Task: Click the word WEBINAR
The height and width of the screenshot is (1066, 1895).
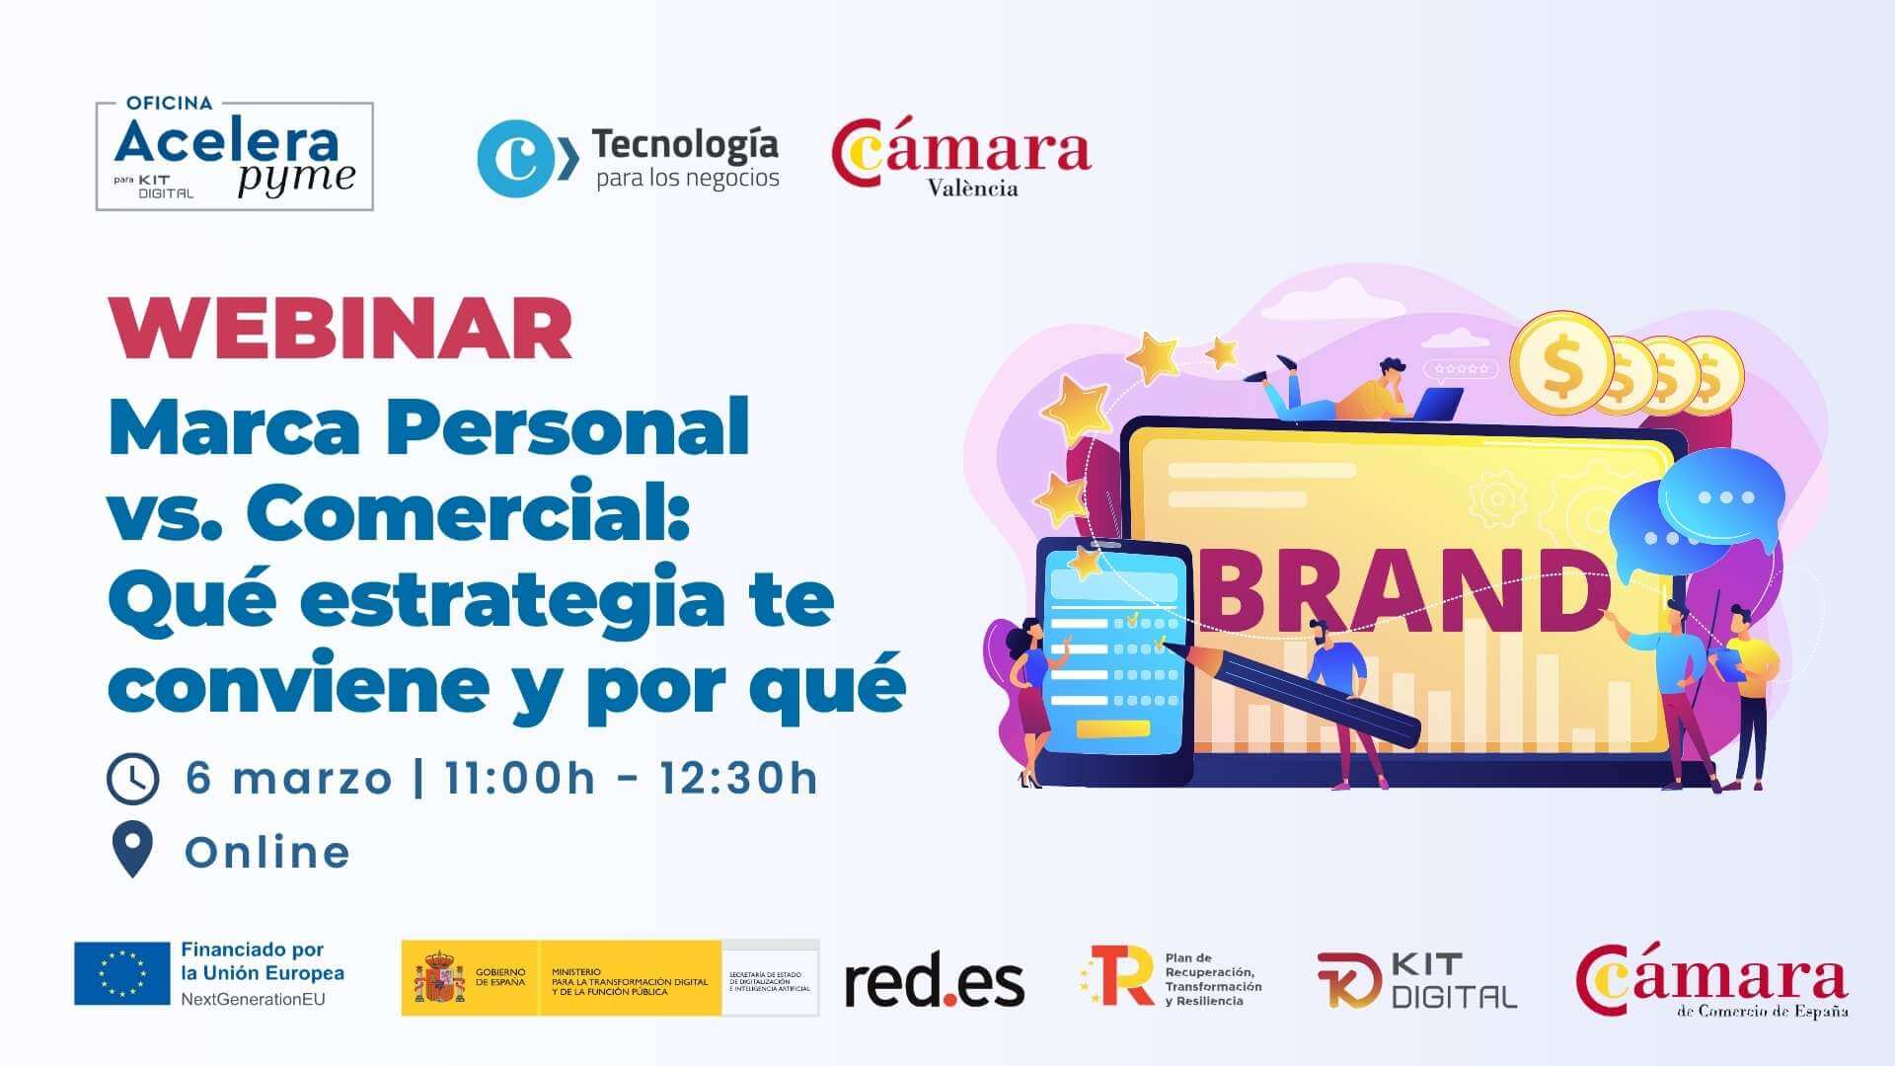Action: (341, 329)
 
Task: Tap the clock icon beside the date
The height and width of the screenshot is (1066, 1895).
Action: (132, 779)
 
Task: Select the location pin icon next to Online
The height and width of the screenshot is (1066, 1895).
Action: (132, 848)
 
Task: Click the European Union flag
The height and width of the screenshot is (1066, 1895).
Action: (122, 973)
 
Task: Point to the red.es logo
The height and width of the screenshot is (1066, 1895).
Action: (934, 982)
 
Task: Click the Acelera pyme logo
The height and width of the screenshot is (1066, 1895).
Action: (235, 156)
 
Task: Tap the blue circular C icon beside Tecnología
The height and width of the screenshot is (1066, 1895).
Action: (515, 158)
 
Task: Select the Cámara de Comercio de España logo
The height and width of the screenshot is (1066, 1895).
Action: (1711, 980)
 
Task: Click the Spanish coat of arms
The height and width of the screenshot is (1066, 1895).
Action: (439, 978)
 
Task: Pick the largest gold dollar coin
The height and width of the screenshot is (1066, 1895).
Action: (1560, 363)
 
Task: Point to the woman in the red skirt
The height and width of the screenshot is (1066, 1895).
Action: (1031, 691)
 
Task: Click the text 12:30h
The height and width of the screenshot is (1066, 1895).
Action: (739, 778)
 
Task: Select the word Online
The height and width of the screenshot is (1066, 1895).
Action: (267, 853)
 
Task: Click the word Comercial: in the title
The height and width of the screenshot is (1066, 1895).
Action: (468, 511)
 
